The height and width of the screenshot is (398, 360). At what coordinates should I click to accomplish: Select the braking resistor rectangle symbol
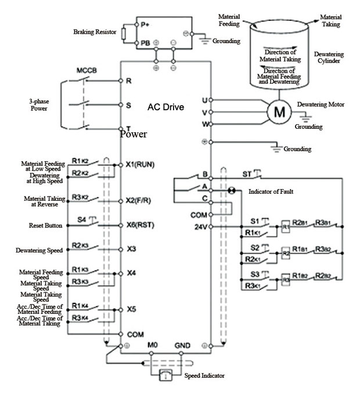click(123, 34)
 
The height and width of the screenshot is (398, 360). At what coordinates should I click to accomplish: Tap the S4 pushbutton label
click(82, 220)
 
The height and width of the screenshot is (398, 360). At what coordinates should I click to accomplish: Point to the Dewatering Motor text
click(321, 104)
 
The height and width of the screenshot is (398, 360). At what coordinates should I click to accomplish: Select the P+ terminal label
click(145, 25)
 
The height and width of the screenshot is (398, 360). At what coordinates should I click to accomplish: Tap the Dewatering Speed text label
click(39, 251)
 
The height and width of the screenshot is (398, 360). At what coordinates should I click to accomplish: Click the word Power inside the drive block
click(134, 134)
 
